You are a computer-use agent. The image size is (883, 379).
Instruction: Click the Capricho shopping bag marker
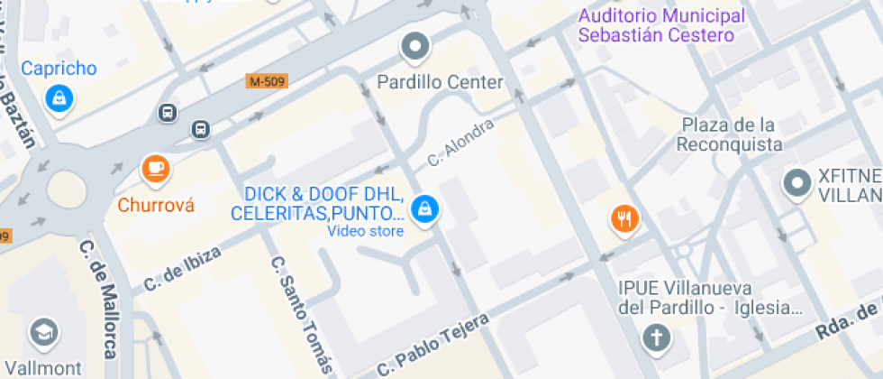(x=59, y=97)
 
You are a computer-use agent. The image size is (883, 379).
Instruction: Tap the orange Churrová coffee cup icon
(x=156, y=167)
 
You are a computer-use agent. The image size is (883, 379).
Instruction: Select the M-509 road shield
(x=268, y=81)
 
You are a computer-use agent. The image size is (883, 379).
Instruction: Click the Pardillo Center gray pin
(x=415, y=45)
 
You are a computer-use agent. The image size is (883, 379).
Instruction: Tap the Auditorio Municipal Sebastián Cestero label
(x=661, y=26)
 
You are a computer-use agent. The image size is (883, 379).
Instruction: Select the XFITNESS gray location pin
(x=797, y=182)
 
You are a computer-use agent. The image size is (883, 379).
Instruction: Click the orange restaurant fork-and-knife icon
(x=624, y=217)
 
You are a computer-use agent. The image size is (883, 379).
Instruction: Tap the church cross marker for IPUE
(x=655, y=338)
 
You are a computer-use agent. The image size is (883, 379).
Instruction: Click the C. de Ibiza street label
(x=182, y=269)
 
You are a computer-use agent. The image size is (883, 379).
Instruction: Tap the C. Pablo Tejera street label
(x=432, y=345)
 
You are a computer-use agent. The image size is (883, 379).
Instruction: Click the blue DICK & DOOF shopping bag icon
(x=422, y=209)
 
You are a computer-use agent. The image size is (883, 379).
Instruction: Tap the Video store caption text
(x=365, y=231)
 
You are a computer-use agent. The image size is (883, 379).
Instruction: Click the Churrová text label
(x=156, y=205)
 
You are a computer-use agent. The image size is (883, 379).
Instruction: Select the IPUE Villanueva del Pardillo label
(x=711, y=298)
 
